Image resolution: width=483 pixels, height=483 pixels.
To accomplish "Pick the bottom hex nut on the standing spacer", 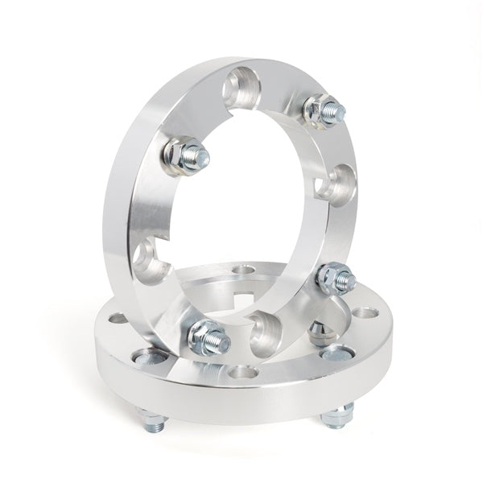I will pos(205,336).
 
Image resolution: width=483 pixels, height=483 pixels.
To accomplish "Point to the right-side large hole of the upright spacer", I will pos(335,184).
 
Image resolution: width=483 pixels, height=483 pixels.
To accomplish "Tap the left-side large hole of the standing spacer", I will pos(149,260).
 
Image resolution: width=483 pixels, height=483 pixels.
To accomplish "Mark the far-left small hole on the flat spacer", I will pos(118,317).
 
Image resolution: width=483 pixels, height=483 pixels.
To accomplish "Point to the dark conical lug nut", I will pos(317,330).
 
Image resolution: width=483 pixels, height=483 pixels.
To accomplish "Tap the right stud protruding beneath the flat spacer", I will pos(336,414).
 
